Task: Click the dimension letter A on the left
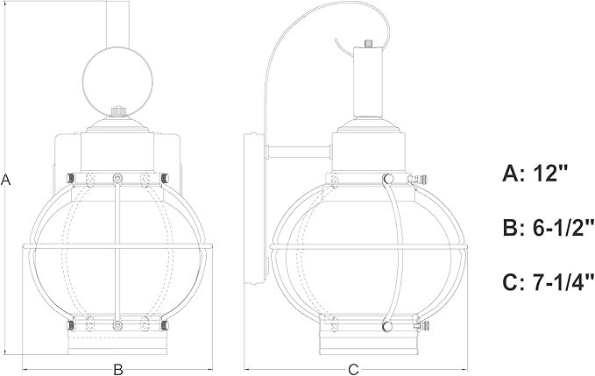(x=5, y=180)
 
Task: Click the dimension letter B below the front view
(x=118, y=370)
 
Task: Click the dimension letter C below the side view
(x=353, y=370)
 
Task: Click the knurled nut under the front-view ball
(x=119, y=111)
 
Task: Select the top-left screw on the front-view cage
(x=70, y=178)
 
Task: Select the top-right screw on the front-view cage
(x=165, y=178)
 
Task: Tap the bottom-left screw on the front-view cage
(x=70, y=325)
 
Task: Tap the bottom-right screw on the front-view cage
(x=165, y=325)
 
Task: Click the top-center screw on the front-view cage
(x=117, y=178)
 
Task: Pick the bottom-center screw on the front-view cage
(x=117, y=325)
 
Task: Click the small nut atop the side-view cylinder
(x=367, y=43)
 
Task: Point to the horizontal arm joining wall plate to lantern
(x=300, y=152)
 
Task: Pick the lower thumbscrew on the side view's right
(x=422, y=325)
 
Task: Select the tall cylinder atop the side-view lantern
(x=367, y=82)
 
